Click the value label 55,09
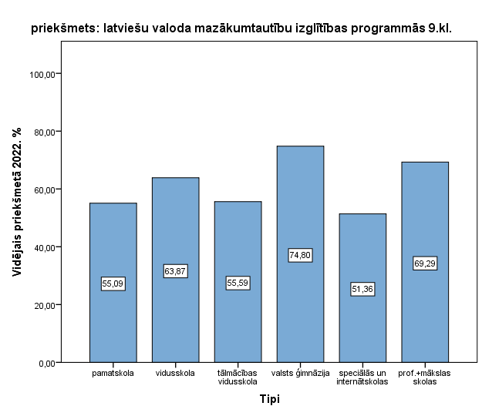pyautogui.click(x=113, y=283)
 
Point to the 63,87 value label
pyautogui.click(x=175, y=271)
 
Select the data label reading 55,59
pyautogui.click(x=238, y=283)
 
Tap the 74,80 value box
pyautogui.click(x=300, y=255)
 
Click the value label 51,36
pyautogui.click(x=362, y=290)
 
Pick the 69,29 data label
pyautogui.click(x=425, y=263)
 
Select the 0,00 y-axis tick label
pyautogui.click(x=48, y=363)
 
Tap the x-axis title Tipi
pyautogui.click(x=269, y=400)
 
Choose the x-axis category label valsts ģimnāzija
pyautogui.click(x=300, y=374)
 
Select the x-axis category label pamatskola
pyautogui.click(x=113, y=374)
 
